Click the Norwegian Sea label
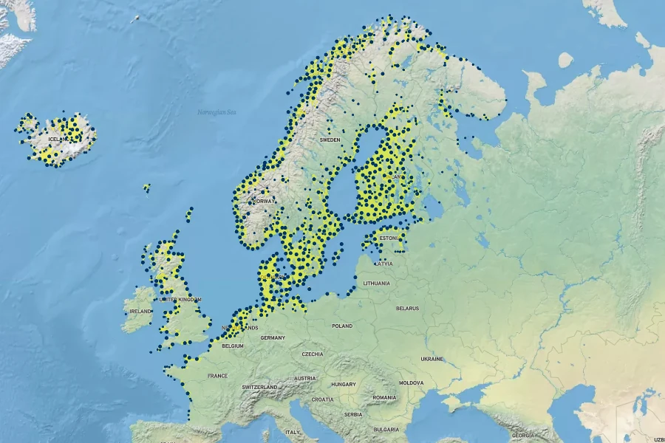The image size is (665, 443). pyautogui.click(x=216, y=112)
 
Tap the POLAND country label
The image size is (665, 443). pyautogui.click(x=342, y=326)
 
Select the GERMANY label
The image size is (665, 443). pyautogui.click(x=273, y=337)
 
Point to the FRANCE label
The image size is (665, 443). pyautogui.click(x=218, y=376)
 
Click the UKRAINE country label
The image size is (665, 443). pyautogui.click(x=432, y=359)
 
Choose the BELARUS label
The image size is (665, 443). pyautogui.click(x=407, y=308)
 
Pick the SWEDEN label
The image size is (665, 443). pyautogui.click(x=330, y=140)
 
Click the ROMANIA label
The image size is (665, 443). pyautogui.click(x=384, y=398)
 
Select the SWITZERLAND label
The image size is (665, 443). pyautogui.click(x=259, y=387)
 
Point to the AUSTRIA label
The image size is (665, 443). pyautogui.click(x=305, y=378)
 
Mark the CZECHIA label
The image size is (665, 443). pyautogui.click(x=313, y=354)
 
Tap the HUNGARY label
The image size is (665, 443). pyautogui.click(x=344, y=385)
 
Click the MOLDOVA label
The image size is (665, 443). pyautogui.click(x=412, y=383)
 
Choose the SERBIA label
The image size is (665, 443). pyautogui.click(x=353, y=415)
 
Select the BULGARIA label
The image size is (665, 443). pyautogui.click(x=386, y=429)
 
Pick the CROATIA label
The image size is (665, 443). pyautogui.click(x=322, y=399)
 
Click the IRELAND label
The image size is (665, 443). pyautogui.click(x=140, y=312)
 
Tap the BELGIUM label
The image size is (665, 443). pyautogui.click(x=233, y=346)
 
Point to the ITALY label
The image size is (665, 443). pyautogui.click(x=293, y=432)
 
